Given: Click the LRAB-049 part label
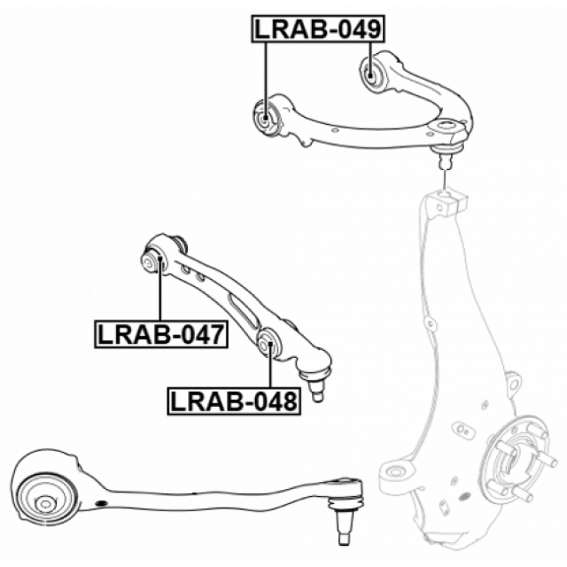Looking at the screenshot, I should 318,29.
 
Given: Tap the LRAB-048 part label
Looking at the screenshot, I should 233,401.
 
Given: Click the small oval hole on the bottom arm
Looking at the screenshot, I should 101,503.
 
